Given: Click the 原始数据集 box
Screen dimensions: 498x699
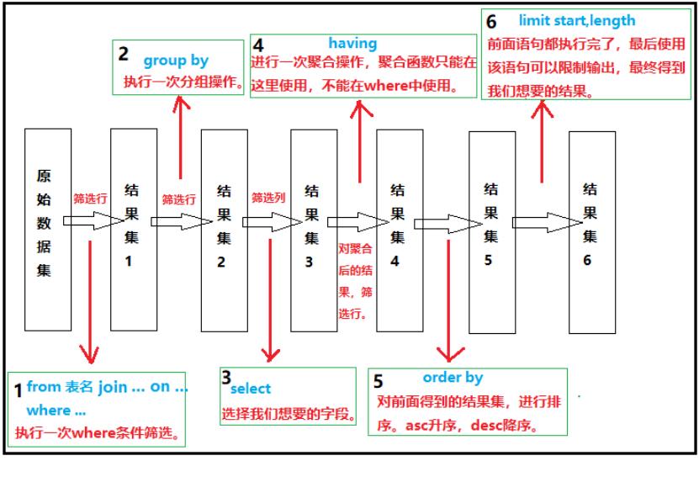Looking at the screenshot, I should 48,229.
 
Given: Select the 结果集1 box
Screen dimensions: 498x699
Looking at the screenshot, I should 133,229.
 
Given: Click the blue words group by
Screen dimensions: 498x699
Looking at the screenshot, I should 175,61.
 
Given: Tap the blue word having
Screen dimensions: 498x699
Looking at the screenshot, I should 352,43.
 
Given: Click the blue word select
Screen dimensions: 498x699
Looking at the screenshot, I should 252,389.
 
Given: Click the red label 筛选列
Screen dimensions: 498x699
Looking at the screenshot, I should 268,198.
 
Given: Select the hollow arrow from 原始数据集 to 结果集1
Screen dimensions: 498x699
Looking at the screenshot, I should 93,221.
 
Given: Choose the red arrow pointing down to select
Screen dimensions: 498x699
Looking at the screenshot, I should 270,294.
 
